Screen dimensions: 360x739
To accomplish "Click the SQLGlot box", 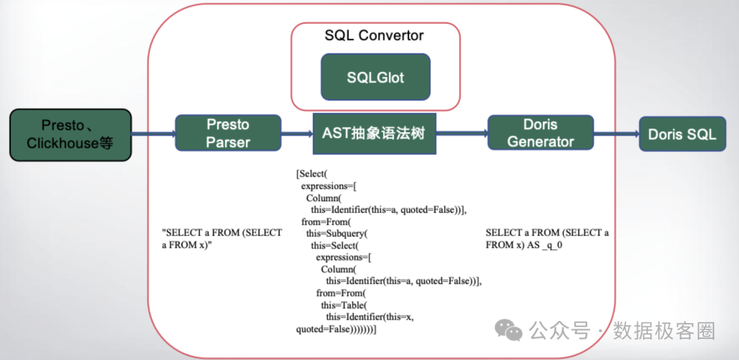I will (376, 77).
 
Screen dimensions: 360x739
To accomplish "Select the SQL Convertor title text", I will (374, 36).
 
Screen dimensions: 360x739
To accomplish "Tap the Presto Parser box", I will (228, 133).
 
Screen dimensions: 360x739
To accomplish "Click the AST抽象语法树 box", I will (374, 133).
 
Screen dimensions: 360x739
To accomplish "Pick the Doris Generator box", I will (540, 133).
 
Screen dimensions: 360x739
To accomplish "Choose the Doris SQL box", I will (682, 134).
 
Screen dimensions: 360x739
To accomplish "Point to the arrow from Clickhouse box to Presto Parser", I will (153, 134).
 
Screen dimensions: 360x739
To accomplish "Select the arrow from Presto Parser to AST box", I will (297, 134).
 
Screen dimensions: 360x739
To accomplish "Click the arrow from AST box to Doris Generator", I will (461, 134).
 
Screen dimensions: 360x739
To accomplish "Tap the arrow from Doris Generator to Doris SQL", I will (616, 134).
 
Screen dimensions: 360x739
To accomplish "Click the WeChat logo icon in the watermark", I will (511, 331).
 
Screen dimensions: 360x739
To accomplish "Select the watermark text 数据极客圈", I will (663, 331).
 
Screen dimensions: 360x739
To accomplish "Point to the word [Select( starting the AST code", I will (312, 174).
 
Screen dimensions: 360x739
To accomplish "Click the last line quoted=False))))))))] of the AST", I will (337, 330).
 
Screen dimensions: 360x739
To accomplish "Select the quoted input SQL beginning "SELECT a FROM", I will (222, 238).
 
